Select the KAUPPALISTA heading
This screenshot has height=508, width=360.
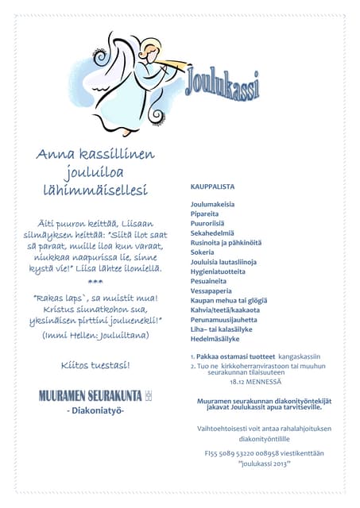[x=212, y=187]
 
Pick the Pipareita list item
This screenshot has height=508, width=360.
[x=204, y=214]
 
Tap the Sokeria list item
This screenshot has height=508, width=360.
[x=202, y=252]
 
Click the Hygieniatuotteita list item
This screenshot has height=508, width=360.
[x=218, y=271]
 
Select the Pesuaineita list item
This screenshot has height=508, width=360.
[x=208, y=280]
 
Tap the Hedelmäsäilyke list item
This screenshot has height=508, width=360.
[x=215, y=338]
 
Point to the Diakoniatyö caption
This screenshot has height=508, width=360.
[x=95, y=410]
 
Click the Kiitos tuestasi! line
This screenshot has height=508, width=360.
[x=95, y=365]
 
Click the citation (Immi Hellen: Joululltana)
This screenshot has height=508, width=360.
[x=95, y=336]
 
